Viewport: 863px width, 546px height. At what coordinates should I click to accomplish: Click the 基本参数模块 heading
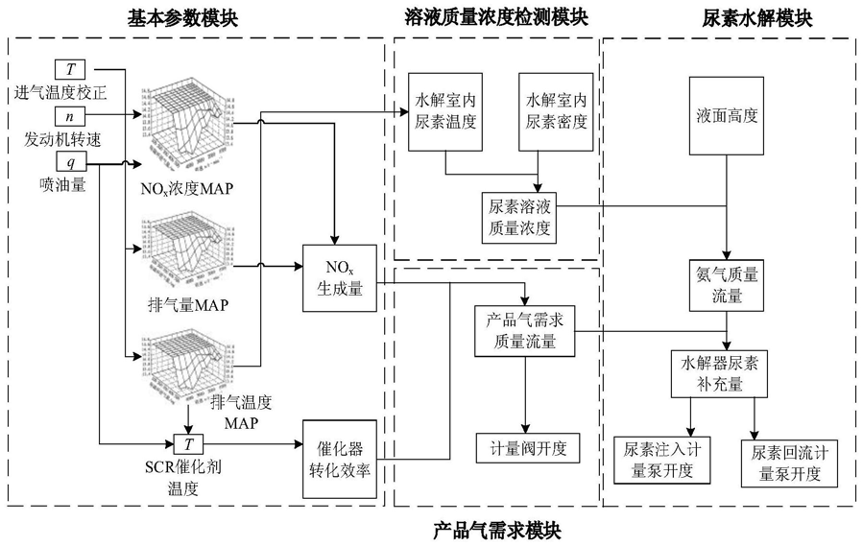click(183, 17)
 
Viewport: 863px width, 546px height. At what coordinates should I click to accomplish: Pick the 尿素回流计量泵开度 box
click(790, 463)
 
